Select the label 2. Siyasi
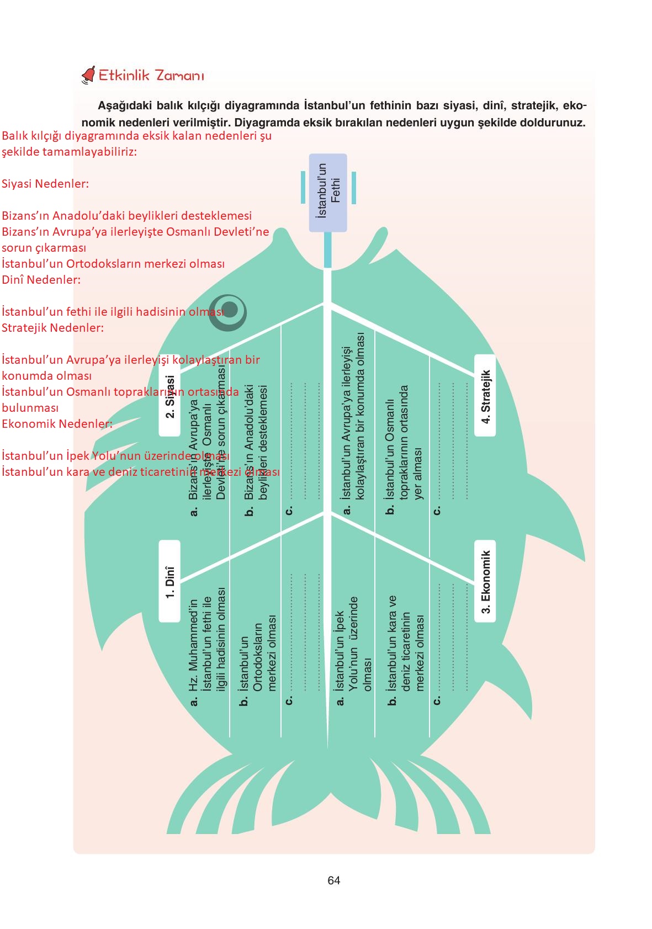[x=169, y=396]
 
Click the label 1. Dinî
[x=169, y=582]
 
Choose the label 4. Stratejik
[x=485, y=396]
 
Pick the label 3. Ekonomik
[x=485, y=582]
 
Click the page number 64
[x=333, y=880]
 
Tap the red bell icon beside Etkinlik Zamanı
[x=88, y=76]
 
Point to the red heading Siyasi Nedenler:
[x=45, y=184]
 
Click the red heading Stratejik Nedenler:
[x=52, y=328]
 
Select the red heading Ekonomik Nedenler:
[x=57, y=424]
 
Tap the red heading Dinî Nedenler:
[x=41, y=280]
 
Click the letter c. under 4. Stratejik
[x=437, y=510]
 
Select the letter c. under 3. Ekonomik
[x=437, y=700]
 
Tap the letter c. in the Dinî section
[x=288, y=700]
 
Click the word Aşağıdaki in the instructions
[x=121, y=105]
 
